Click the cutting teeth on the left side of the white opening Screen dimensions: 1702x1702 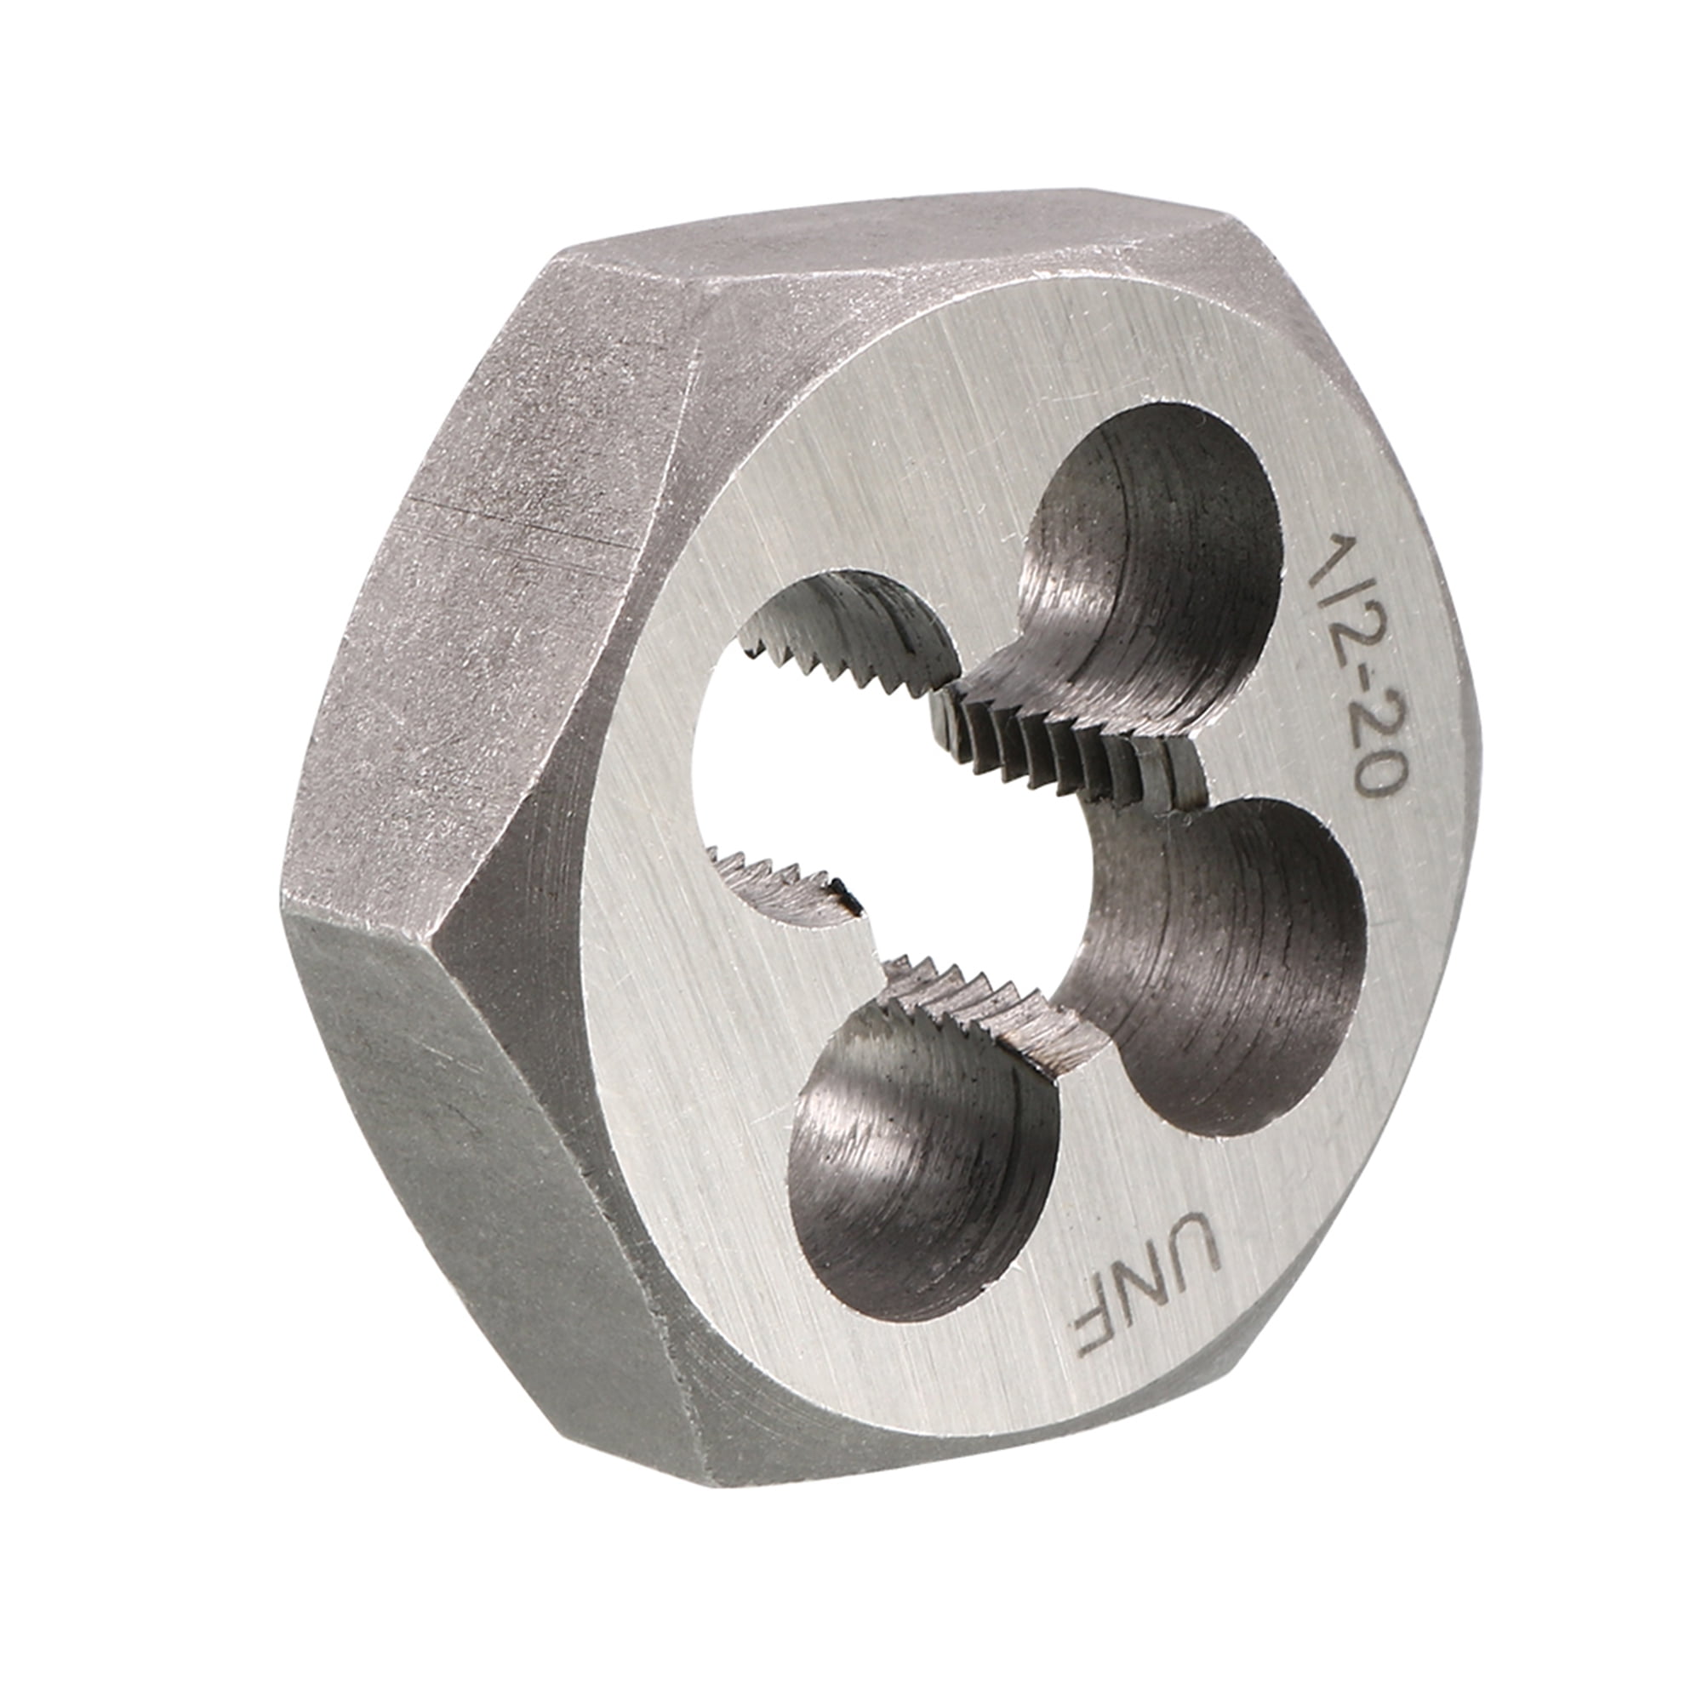775,881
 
